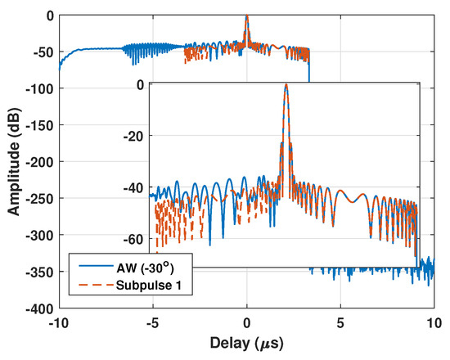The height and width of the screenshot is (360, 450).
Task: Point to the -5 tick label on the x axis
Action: point(152,322)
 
